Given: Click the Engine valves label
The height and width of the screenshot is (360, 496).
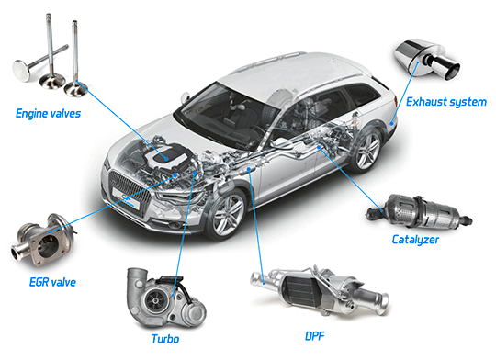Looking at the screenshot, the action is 48,114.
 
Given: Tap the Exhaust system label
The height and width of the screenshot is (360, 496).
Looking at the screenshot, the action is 446,102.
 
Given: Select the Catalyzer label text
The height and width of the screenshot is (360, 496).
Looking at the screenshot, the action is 415,240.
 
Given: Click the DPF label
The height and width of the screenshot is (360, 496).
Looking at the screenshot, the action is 315,336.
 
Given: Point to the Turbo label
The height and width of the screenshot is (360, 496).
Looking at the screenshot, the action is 165,339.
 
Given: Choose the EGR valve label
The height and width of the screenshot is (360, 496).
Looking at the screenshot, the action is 52,282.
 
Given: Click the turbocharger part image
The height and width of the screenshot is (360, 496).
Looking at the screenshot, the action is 165,298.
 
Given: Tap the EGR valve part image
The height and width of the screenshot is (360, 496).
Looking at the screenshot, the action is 43,241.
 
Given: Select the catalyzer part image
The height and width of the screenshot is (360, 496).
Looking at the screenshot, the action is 419,211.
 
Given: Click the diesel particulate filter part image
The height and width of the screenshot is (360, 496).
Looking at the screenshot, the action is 320,290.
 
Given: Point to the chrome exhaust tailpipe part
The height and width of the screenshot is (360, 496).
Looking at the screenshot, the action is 427,60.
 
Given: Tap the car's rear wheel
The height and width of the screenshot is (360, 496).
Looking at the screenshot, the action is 366,150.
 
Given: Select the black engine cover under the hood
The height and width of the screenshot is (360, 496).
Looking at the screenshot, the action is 166,155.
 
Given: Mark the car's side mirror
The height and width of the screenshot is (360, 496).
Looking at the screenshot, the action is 186,96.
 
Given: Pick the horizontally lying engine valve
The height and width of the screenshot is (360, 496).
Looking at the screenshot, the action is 39,62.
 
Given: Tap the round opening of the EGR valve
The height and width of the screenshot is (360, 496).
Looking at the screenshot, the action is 50,243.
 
